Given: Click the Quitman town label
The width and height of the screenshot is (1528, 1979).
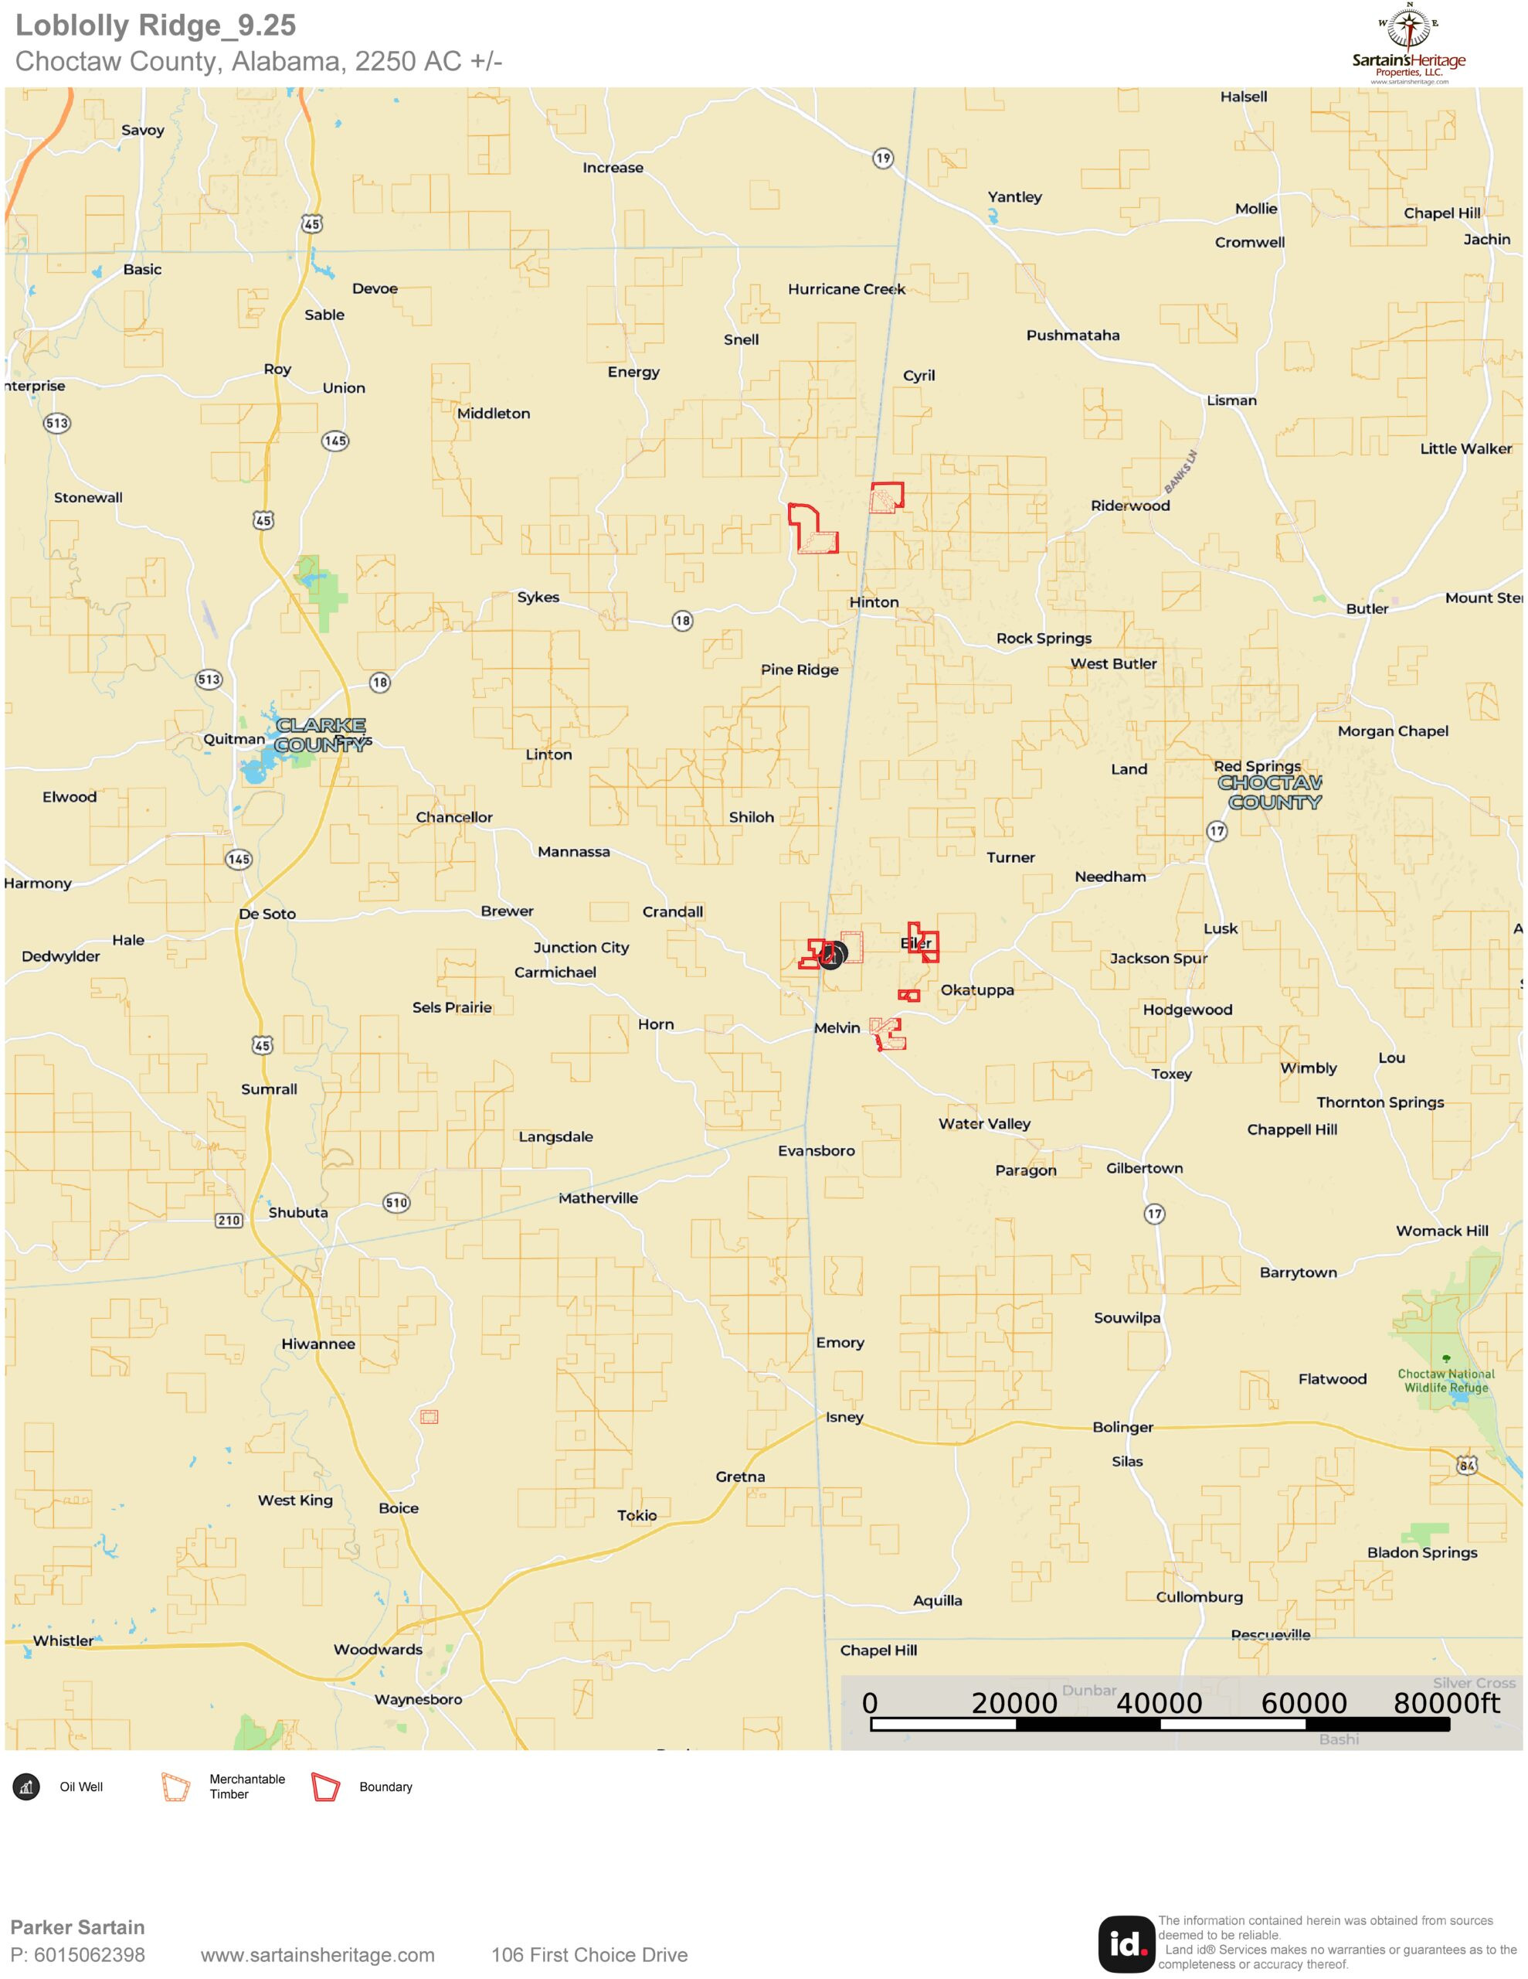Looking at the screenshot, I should pos(234,738).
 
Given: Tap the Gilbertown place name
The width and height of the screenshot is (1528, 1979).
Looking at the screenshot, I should pos(1144,1168).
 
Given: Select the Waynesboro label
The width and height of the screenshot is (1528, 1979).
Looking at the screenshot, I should pos(419,1699).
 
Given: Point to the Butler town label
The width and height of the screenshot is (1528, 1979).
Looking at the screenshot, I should pos(1366,608).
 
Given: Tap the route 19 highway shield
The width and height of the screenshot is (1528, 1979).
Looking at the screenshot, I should pos(882,158).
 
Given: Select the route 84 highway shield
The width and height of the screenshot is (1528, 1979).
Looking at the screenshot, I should pos(1466,1465).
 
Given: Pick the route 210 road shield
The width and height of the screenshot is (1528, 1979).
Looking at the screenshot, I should pos(228,1220).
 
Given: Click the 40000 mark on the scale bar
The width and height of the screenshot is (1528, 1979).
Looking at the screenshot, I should pos(1160,1704).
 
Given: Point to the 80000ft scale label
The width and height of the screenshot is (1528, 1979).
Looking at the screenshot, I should pos(1446,1704).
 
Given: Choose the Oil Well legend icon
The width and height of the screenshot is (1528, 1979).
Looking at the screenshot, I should pos(26,1787).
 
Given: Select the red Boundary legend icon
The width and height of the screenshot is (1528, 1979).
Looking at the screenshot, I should pos(325,1787).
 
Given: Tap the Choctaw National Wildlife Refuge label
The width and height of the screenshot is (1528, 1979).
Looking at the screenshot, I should pos(1445,1380).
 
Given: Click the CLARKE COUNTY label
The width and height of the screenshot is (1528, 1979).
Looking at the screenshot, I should pos(321,735).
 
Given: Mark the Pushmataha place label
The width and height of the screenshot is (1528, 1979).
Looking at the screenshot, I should pos(1072,336).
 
